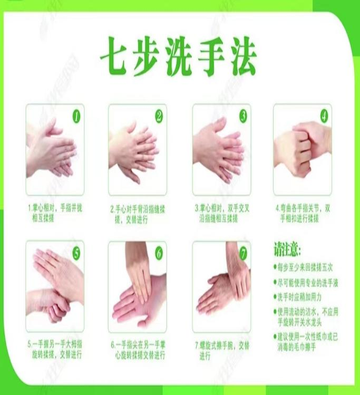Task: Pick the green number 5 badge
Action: [76, 252]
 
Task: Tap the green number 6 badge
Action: [159, 252]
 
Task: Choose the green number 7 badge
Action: [242, 252]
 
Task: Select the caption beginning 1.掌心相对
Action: [55, 213]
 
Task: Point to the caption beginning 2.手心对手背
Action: [138, 213]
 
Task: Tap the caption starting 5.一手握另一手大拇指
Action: [55, 350]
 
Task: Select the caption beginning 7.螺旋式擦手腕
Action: [221, 350]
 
